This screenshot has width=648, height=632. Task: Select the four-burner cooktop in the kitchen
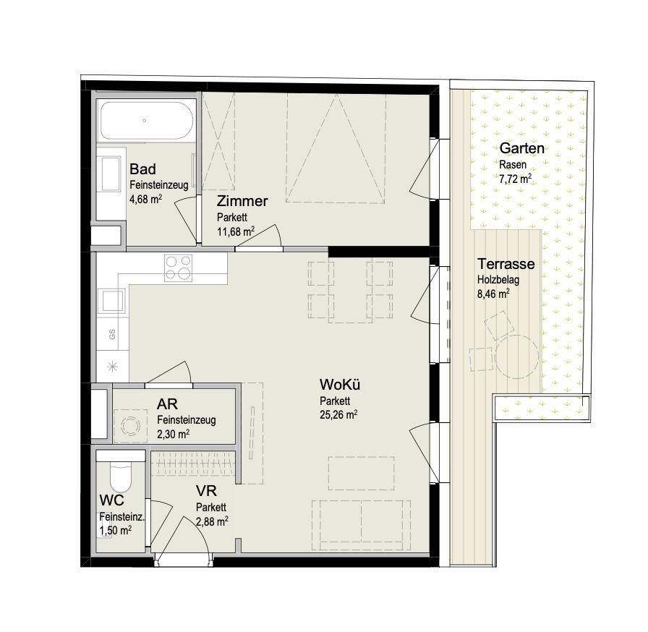click(x=178, y=268)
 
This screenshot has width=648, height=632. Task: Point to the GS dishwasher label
click(x=112, y=334)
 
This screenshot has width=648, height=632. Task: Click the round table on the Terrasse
click(x=517, y=356)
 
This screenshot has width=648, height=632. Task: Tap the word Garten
click(x=521, y=148)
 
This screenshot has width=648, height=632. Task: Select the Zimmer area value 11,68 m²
click(x=236, y=231)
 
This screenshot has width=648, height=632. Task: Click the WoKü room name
click(x=340, y=385)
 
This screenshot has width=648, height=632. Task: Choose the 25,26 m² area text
click(x=338, y=414)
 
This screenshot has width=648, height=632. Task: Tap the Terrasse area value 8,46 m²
click(x=493, y=294)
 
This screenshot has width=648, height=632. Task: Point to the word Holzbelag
click(x=498, y=280)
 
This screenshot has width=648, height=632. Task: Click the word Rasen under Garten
click(x=513, y=165)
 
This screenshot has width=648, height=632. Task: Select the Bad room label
click(x=142, y=169)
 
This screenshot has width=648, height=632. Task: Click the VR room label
click(x=206, y=491)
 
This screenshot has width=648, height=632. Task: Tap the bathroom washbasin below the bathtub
click(x=111, y=174)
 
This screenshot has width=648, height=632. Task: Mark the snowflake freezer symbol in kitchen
click(x=112, y=366)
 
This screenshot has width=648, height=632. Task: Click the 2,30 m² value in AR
click(x=173, y=434)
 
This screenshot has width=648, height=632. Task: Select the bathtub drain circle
click(x=144, y=121)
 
